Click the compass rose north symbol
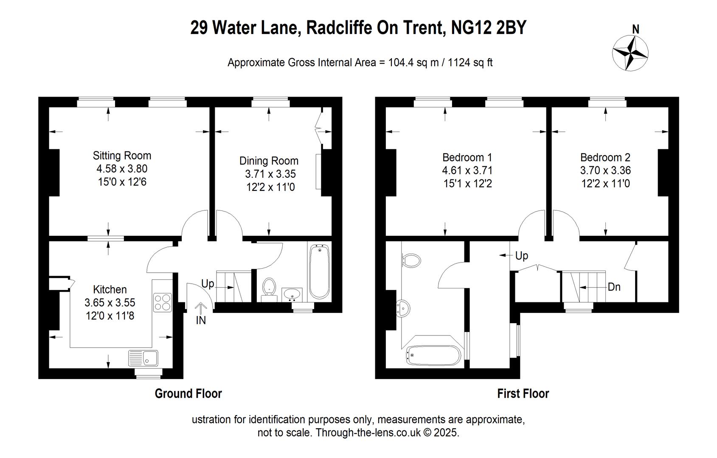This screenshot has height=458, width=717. (630, 53)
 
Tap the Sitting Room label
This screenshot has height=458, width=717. (122, 156)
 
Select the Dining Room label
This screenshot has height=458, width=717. (269, 161)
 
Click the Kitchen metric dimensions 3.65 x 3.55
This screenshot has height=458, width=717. (110, 302)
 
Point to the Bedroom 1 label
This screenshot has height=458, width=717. (467, 157)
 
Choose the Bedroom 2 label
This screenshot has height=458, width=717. (605, 157)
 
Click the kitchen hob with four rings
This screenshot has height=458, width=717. (163, 302)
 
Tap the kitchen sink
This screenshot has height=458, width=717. (143, 358)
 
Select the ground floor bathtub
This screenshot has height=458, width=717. (319, 272)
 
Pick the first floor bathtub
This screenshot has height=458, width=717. (433, 355)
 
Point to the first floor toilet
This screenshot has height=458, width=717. (411, 260)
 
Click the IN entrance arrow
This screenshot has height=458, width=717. (201, 309)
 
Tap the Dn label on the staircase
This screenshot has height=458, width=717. (614, 287)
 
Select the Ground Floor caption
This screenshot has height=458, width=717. (188, 394)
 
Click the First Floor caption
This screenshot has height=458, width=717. (523, 394)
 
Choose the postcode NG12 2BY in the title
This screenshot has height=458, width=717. (488, 28)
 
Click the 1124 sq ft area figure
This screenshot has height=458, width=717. (470, 62)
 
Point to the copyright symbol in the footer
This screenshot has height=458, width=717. (427, 433)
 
